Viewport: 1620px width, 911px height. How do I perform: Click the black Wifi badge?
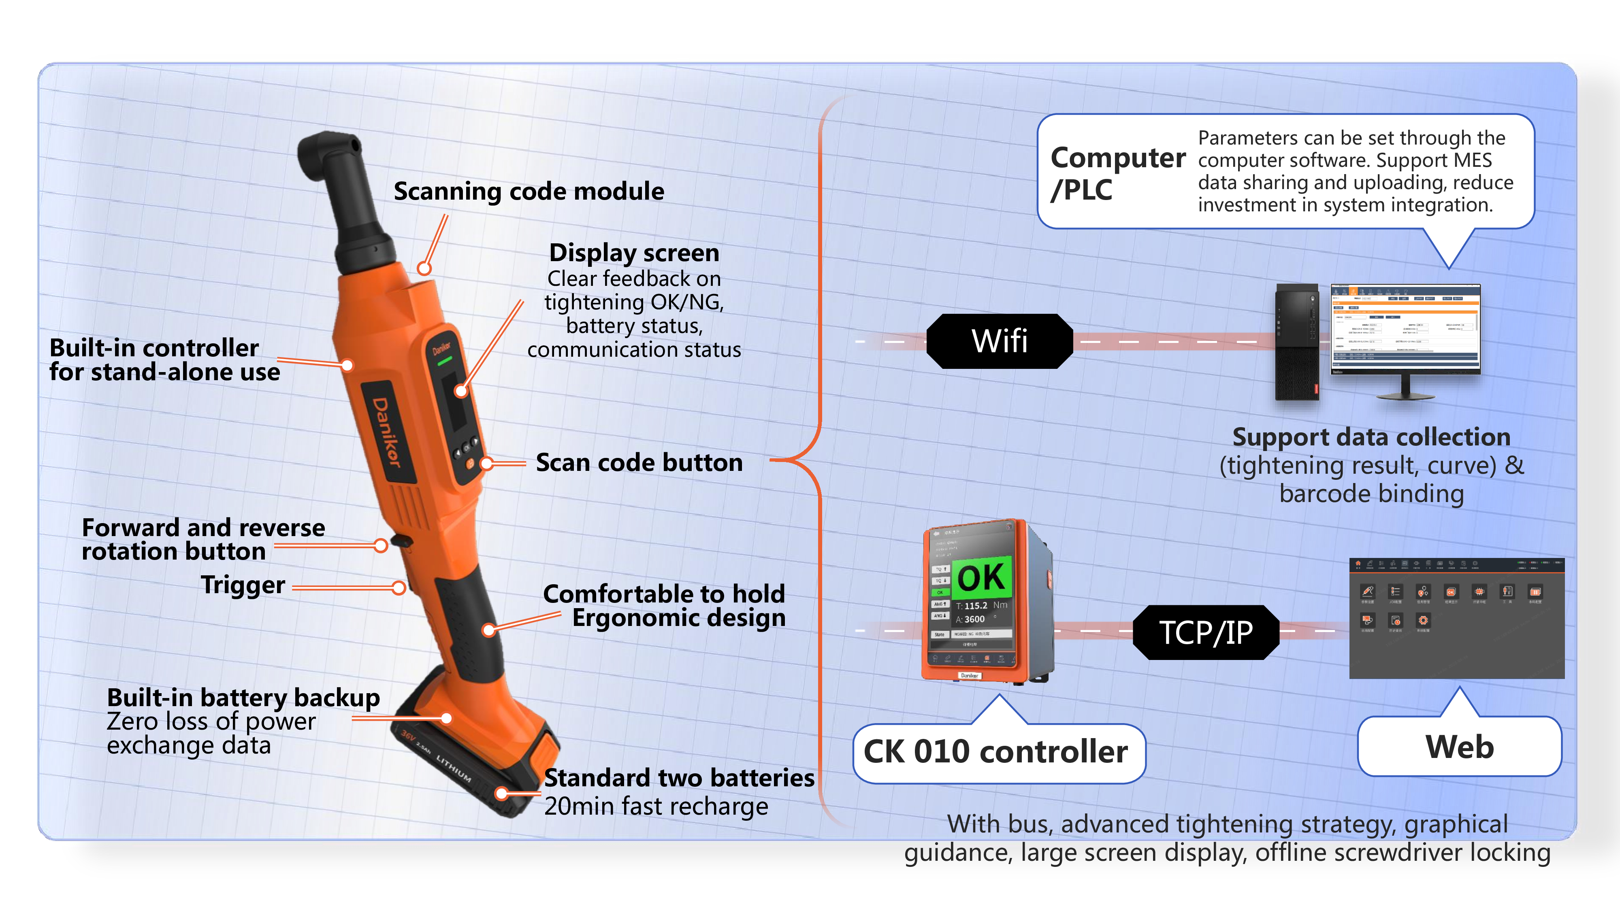click(999, 341)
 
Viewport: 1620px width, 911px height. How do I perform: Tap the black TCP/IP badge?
click(1206, 632)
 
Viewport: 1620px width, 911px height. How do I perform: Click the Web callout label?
click(1459, 747)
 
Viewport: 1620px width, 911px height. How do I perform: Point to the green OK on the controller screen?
click(981, 577)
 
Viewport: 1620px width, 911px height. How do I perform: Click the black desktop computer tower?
click(1296, 342)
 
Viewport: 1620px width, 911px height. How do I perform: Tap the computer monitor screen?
click(1405, 330)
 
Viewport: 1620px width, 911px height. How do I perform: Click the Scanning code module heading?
click(528, 191)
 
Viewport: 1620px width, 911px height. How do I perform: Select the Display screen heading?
click(634, 253)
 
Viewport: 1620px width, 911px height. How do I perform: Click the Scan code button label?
click(639, 463)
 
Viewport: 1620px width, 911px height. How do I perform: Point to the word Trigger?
click(243, 585)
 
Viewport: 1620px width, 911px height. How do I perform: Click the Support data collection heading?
click(1371, 437)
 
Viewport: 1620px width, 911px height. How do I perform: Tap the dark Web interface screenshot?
click(1456, 618)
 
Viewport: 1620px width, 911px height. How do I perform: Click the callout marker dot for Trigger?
click(398, 588)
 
